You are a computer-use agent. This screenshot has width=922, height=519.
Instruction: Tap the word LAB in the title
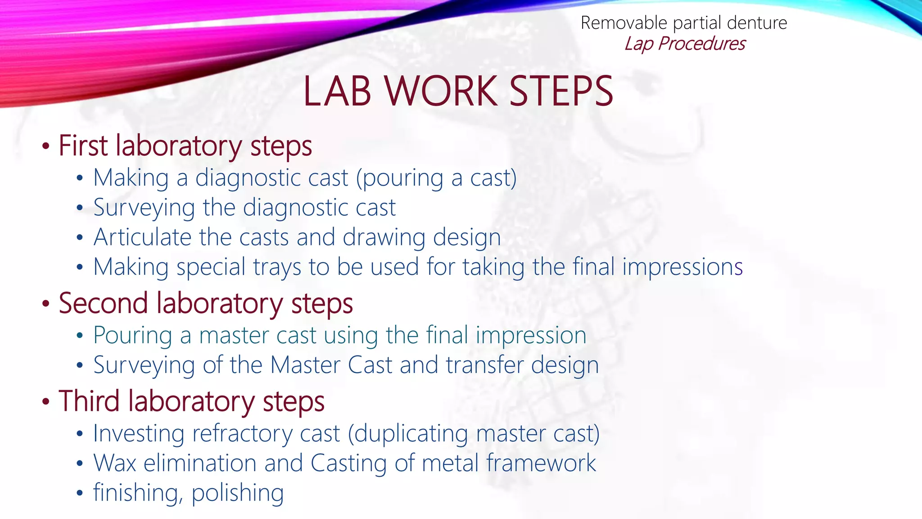click(337, 91)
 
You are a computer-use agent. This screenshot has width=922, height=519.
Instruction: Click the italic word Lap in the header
click(639, 44)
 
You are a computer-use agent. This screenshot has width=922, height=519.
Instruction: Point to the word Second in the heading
click(103, 303)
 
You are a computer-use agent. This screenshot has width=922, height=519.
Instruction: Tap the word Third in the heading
click(89, 401)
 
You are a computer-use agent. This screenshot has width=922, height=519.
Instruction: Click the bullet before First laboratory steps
click(45, 147)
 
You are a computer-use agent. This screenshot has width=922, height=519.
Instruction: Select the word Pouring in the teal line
click(133, 336)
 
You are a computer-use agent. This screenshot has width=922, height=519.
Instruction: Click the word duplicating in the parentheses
click(411, 434)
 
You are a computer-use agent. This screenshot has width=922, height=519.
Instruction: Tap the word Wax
click(114, 463)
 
